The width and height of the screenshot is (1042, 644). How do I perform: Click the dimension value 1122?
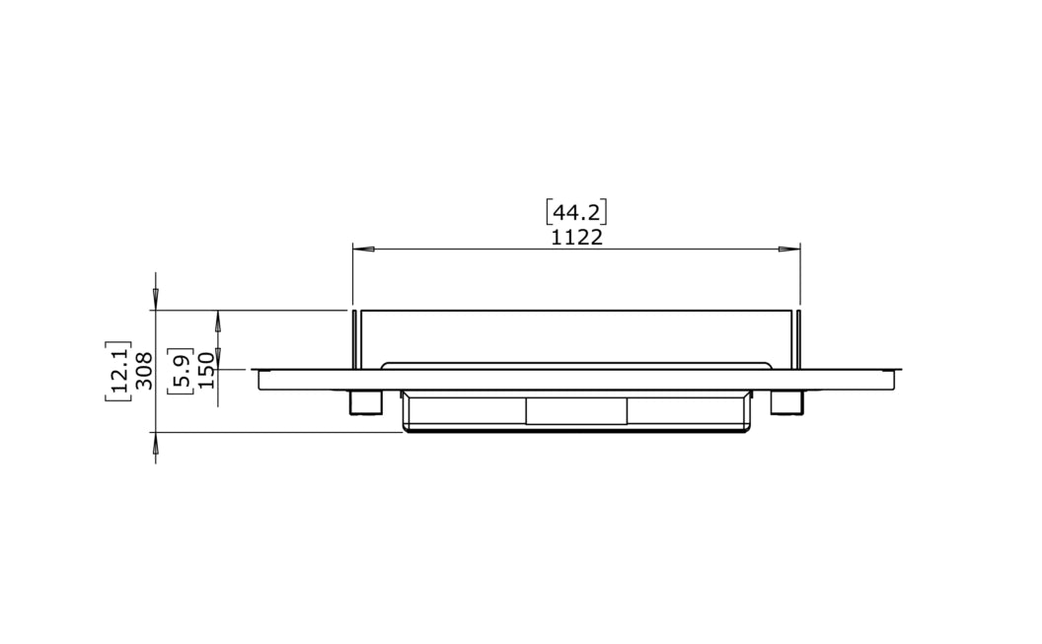[x=577, y=238]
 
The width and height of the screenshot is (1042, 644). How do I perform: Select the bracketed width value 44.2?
[x=577, y=212]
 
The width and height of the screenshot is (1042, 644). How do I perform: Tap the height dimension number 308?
[x=144, y=371]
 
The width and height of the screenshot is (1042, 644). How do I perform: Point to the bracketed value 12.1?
[x=119, y=371]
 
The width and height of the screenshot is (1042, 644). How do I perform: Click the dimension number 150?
[x=205, y=371]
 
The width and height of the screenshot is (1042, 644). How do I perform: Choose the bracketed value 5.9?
[x=181, y=371]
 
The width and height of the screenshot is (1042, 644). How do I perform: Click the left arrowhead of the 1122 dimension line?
[x=361, y=249]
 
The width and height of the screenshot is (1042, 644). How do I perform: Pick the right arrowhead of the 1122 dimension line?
[x=791, y=249]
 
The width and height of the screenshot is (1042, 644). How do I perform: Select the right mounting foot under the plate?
[x=786, y=401]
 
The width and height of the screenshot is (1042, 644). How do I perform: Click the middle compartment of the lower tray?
[x=576, y=411]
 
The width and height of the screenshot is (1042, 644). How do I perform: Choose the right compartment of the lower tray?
[x=687, y=411]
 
